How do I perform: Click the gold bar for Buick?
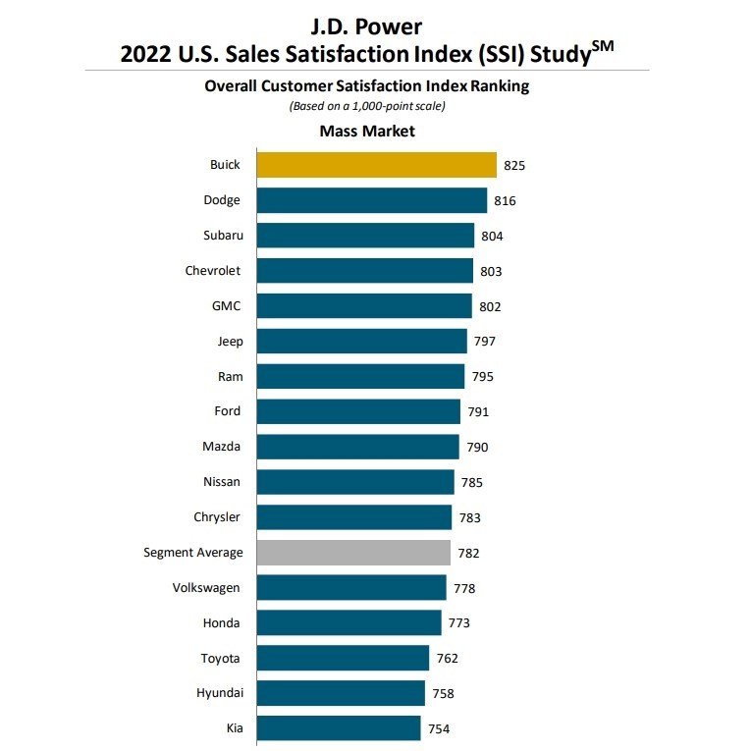[376, 165]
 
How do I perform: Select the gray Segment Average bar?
[353, 553]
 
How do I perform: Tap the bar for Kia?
[339, 728]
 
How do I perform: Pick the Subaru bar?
[365, 236]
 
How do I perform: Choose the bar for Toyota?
[343, 658]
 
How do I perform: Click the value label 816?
[505, 201]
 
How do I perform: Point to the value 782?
[469, 553]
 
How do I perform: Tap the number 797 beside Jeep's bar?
[484, 342]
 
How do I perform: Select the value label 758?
[443, 693]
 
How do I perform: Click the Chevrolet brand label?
[213, 271]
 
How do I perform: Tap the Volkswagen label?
[206, 588]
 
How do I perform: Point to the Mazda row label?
[221, 447]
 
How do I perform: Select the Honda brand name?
[221, 623]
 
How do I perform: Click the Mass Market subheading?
[367, 131]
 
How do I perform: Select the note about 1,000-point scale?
[366, 106]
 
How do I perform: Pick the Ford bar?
[358, 411]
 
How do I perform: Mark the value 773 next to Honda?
[458, 623]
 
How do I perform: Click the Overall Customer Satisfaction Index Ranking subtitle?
[366, 86]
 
